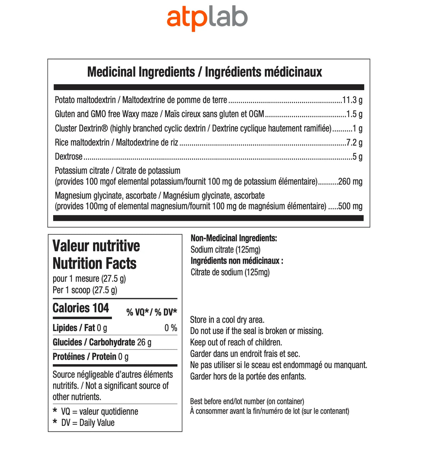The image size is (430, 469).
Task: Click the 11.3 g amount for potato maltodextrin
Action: (352, 100)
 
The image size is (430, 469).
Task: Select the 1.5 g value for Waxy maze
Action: (354, 114)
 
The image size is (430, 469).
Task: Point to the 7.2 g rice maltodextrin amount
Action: (354, 143)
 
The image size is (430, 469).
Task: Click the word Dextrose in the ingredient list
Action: (68, 157)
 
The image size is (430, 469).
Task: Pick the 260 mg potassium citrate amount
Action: (350, 182)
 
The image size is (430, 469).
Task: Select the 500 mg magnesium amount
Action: (350, 206)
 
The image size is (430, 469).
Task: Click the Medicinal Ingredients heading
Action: (204, 72)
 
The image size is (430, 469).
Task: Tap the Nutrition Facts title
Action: (94, 263)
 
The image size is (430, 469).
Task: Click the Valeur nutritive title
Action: (96, 246)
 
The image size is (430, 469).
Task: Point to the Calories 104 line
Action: (81, 308)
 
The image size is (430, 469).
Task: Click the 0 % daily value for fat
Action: (170, 328)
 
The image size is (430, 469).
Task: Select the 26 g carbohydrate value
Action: (144, 342)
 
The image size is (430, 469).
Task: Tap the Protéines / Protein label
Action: (84, 356)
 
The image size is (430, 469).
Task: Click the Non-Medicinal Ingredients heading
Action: (234, 238)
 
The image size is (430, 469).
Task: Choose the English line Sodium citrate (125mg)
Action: (225, 250)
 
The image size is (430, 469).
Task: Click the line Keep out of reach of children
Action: (236, 342)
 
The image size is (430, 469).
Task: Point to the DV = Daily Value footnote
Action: (87, 423)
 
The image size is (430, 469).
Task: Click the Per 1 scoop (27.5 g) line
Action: (85, 290)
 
